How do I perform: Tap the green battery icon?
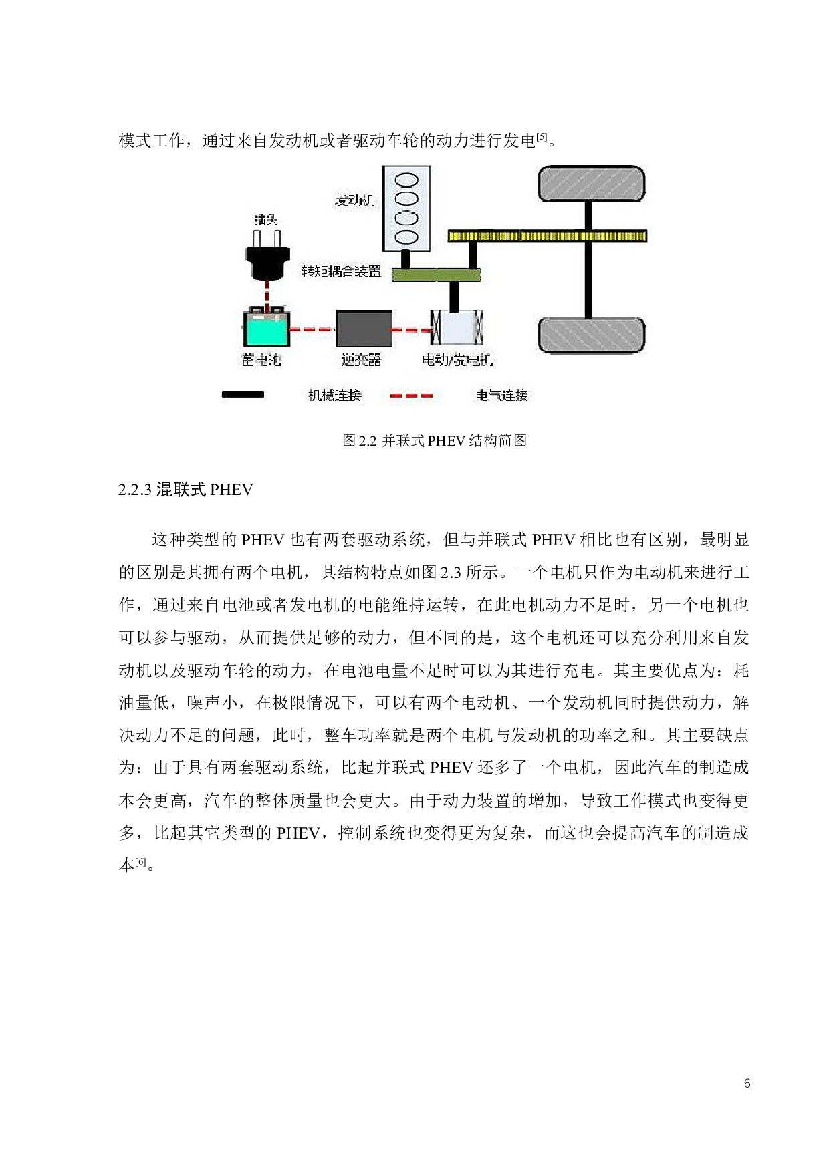pos(266,327)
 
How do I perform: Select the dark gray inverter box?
pos(364,329)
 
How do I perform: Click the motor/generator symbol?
pos(457,329)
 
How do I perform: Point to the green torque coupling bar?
pos(436,274)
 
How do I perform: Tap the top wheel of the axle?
pos(592,184)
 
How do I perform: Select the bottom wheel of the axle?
pos(592,335)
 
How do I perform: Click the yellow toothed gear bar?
pos(547,235)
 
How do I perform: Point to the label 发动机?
pos(355,200)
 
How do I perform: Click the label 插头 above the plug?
pos(265,219)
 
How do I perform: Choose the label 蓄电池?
pos(261,360)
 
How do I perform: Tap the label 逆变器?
pos(361,360)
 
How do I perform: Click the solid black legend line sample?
pos(243,395)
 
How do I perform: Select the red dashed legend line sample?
pos(411,396)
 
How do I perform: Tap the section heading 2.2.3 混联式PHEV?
pos(186,490)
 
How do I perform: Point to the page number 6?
pos(747,1083)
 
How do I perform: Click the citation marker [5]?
pos(542,138)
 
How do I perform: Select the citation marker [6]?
pos(141,862)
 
